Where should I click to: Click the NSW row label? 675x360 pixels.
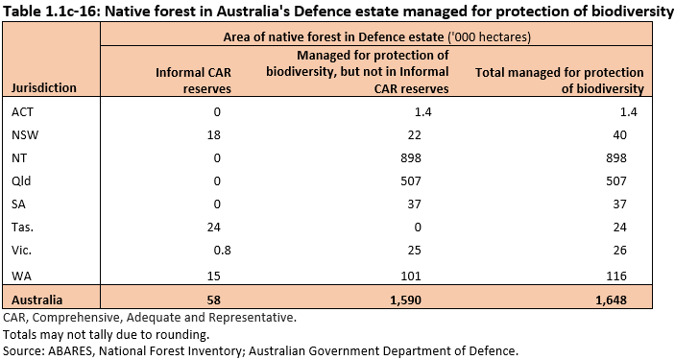click(x=25, y=134)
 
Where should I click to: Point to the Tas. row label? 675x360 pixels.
click(x=24, y=227)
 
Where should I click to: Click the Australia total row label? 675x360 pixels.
click(x=37, y=298)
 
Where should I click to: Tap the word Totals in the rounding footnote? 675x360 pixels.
click(x=21, y=333)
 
